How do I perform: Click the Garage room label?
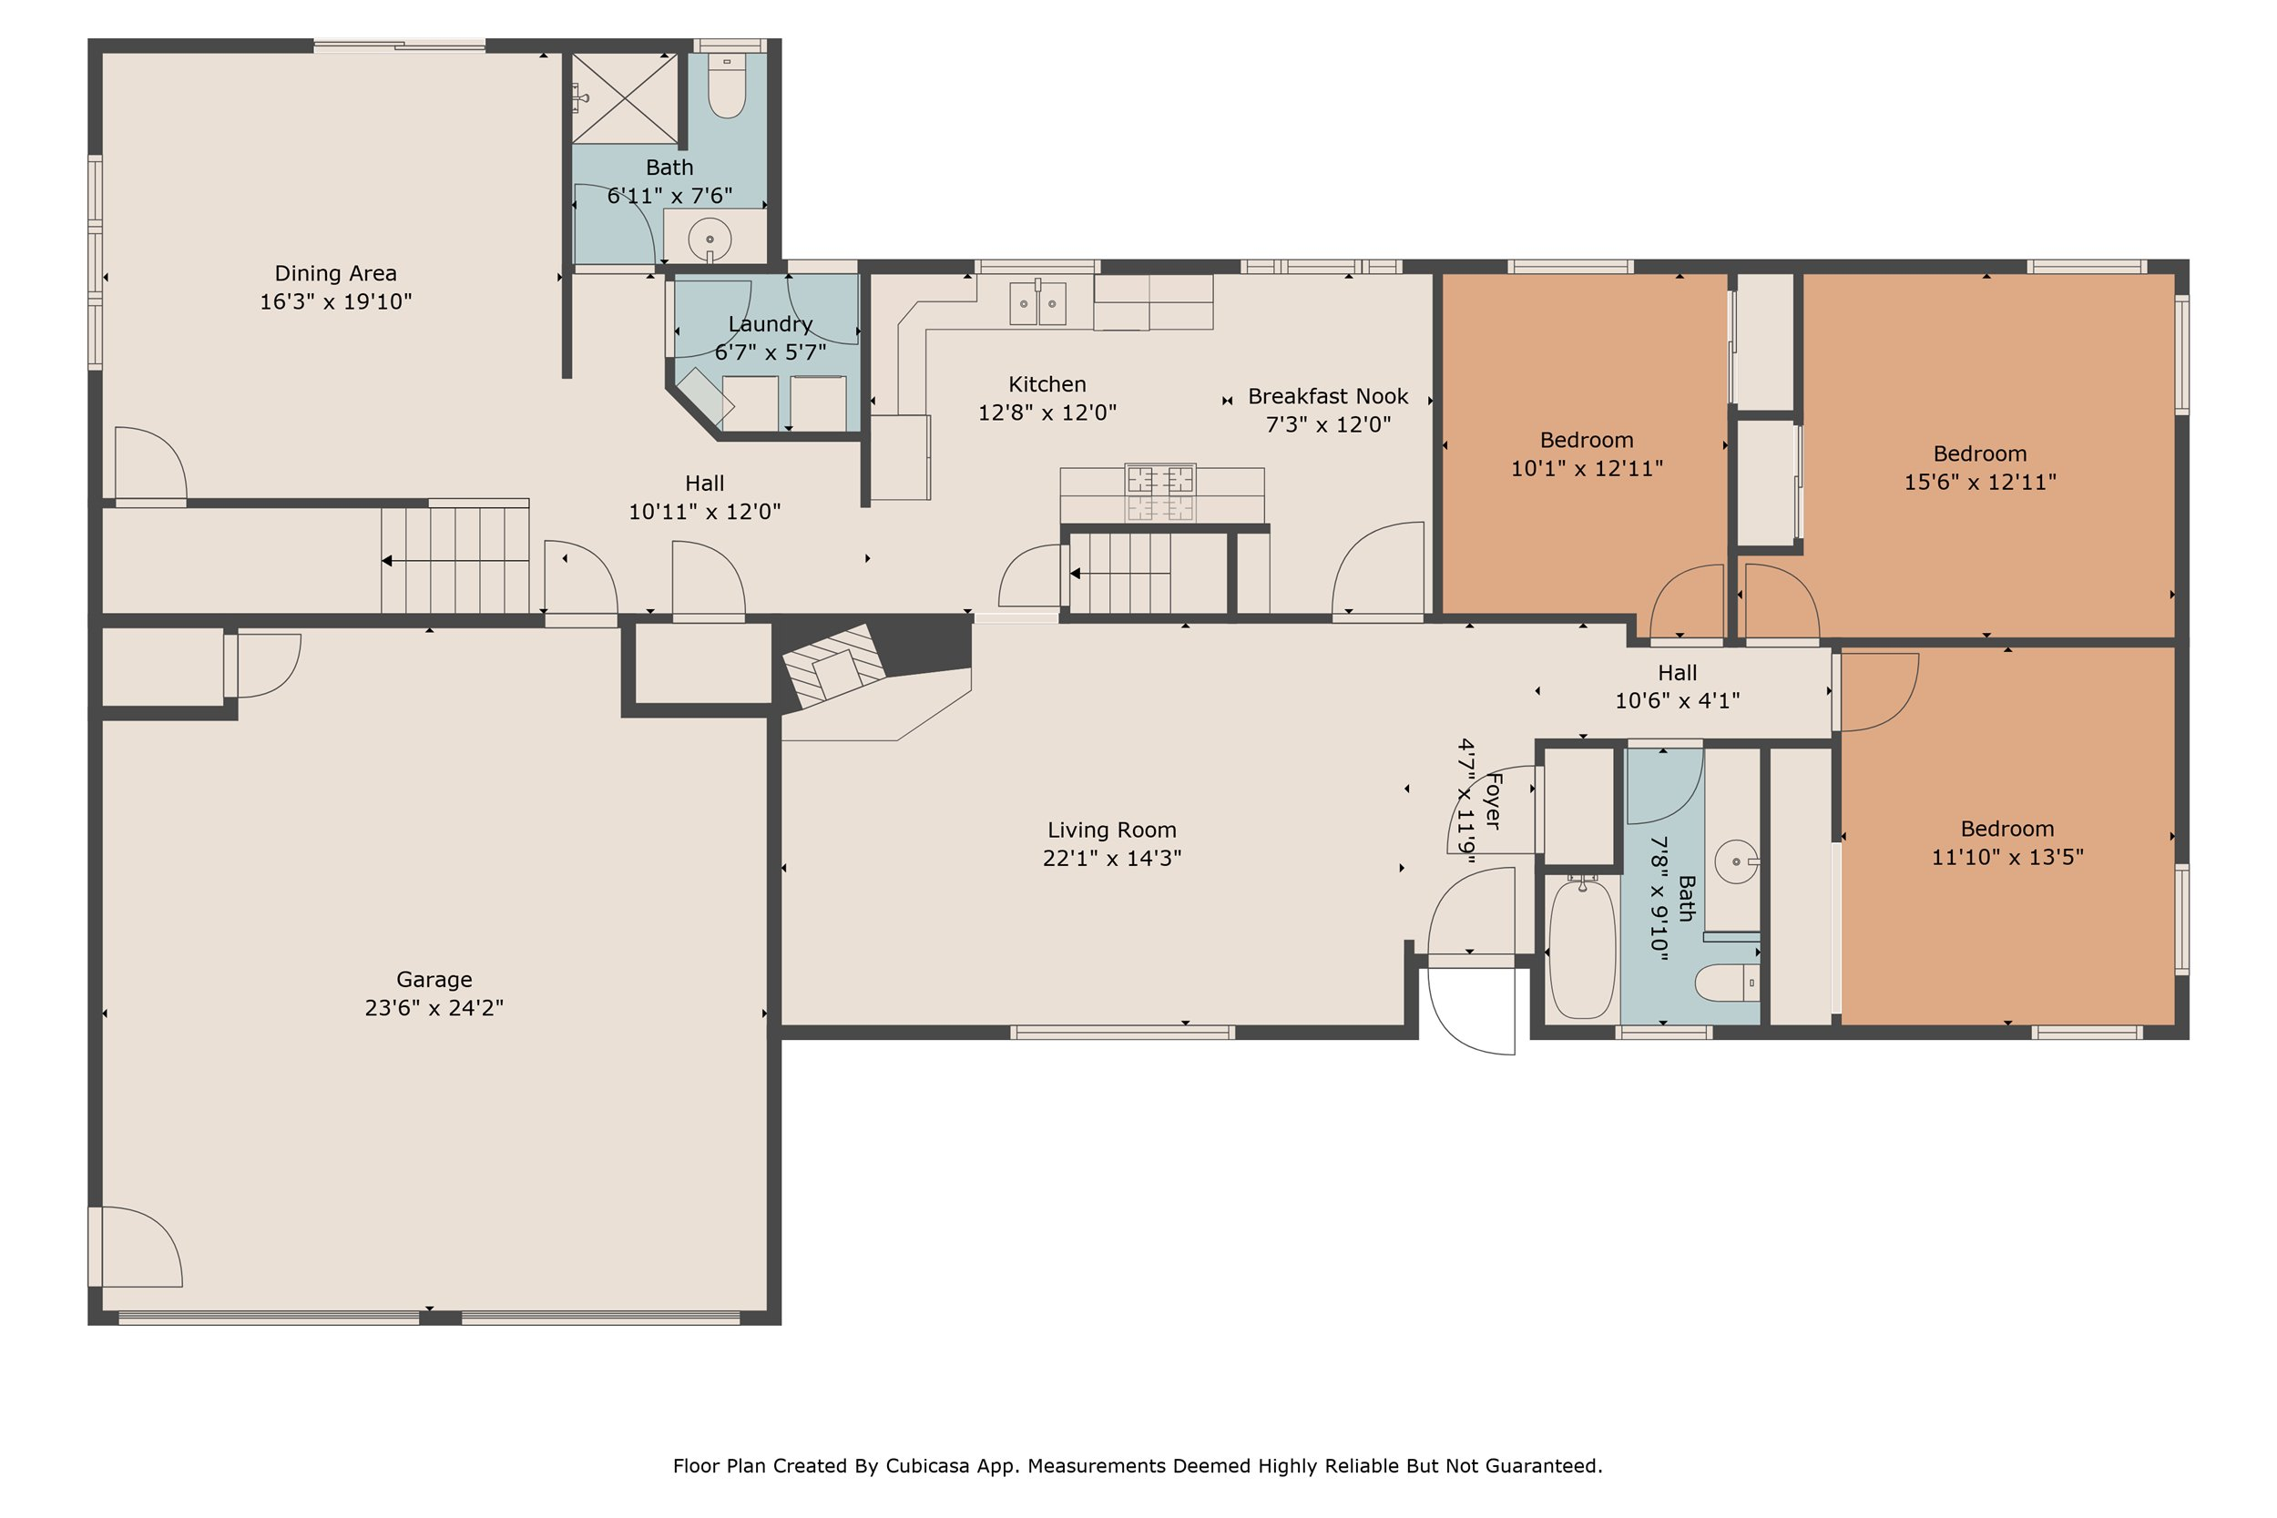pos(434,980)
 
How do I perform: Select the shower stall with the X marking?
pos(625,98)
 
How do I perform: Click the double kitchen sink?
pos(1036,304)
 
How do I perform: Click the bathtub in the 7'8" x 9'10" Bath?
pos(1582,949)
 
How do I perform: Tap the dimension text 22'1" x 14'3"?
pos(1111,858)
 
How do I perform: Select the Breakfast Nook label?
pos(1327,396)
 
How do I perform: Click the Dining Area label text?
pos(335,273)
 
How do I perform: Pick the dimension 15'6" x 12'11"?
pos(1980,481)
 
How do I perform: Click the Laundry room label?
pos(770,323)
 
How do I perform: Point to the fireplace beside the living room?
pos(834,666)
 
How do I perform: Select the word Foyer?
pos(1493,800)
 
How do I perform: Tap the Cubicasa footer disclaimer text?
pos(1138,1466)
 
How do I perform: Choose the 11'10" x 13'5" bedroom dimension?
pos(2006,856)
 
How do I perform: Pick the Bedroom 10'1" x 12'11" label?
pos(1586,441)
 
